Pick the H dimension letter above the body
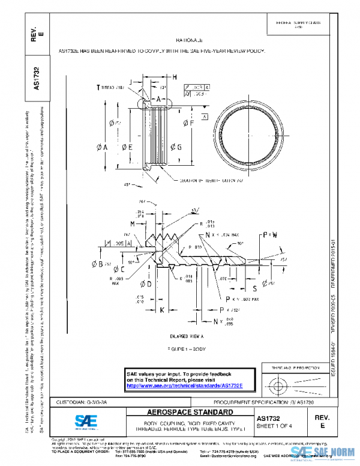pyautogui.click(x=174, y=78)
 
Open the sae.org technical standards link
pyautogui.click(x=184, y=385)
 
